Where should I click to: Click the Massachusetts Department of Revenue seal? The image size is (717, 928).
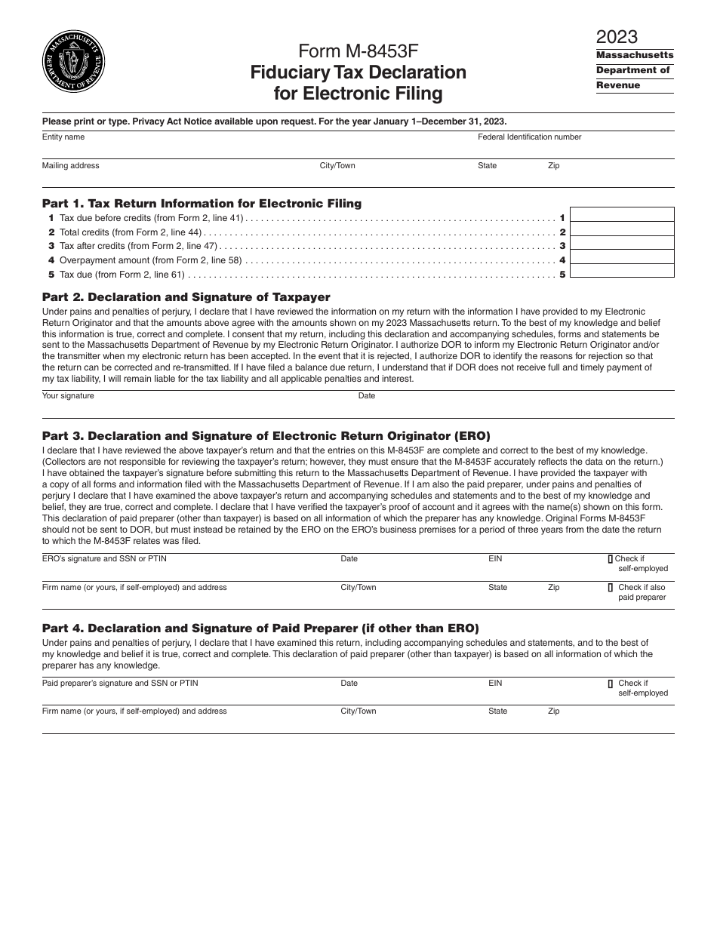click(73, 62)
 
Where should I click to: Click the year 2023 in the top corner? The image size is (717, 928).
click(617, 36)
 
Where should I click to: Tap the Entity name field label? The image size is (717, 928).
click(63, 137)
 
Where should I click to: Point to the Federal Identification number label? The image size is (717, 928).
click(529, 137)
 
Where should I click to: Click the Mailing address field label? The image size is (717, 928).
click(70, 165)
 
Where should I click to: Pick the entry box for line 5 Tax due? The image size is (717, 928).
click(622, 271)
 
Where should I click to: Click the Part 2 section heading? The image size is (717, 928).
click(186, 297)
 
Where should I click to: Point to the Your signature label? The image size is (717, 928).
click(68, 395)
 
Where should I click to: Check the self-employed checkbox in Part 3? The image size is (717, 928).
click(611, 559)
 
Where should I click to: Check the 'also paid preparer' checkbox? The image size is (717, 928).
click(611, 587)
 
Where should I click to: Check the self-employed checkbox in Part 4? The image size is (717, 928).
click(611, 683)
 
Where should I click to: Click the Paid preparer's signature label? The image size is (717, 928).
click(120, 683)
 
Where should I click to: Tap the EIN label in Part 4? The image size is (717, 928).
click(495, 683)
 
